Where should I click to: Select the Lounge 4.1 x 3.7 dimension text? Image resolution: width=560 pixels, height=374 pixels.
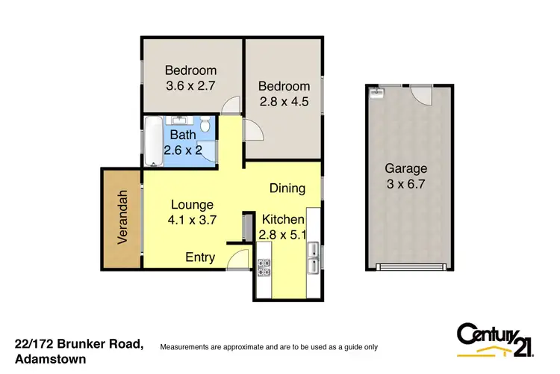pyautogui.click(x=192, y=220)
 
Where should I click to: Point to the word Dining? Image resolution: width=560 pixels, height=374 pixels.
pyautogui.click(x=287, y=188)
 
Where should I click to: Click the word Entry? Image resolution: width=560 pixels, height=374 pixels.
pyautogui.click(x=200, y=257)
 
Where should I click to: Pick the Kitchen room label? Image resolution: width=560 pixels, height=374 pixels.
pyautogui.click(x=282, y=220)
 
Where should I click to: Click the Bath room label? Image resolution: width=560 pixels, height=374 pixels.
pyautogui.click(x=182, y=135)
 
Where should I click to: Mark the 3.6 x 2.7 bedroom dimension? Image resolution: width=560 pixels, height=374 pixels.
pyautogui.click(x=190, y=85)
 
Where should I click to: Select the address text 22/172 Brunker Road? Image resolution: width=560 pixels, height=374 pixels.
pyautogui.click(x=78, y=344)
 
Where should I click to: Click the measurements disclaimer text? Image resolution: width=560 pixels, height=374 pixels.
pyautogui.click(x=270, y=347)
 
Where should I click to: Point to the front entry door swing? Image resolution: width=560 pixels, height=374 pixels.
pyautogui.click(x=238, y=258)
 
